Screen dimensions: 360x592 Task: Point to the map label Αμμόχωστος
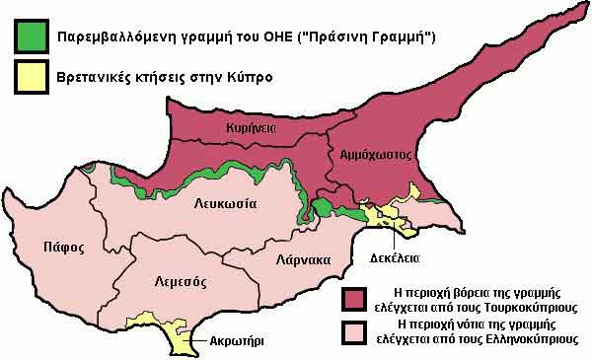[x=375, y=155]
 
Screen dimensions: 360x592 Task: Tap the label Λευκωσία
[x=224, y=204]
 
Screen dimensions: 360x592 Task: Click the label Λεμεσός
[x=180, y=281]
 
